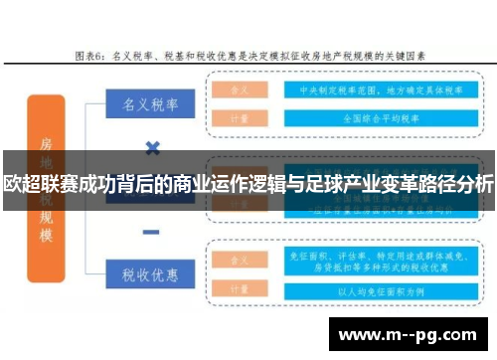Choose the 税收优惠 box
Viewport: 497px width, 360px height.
[x=150, y=271]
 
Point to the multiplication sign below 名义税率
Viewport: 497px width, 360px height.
[x=152, y=148]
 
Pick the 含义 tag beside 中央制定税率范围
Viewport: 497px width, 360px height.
[x=240, y=88]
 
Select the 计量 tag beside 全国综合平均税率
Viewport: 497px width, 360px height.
[x=240, y=115]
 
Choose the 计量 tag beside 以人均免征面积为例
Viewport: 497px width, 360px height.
[x=240, y=290]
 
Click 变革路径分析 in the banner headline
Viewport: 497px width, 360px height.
[x=442, y=185]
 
